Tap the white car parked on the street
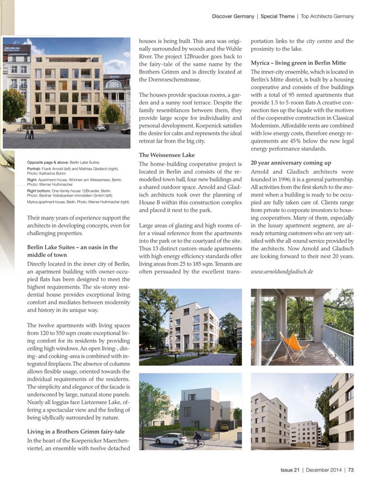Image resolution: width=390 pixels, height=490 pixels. tap(170, 439)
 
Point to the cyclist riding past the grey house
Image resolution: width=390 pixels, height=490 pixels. tap(194, 441)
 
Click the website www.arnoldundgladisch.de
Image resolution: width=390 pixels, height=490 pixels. tap(282, 271)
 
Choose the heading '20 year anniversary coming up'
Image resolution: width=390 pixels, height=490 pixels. tap(291, 162)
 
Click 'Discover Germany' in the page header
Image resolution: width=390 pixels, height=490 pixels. tap(233, 16)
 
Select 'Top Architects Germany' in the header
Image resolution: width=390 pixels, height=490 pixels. tap(328, 16)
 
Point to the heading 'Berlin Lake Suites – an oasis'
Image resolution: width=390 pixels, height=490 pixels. tap(72, 247)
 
